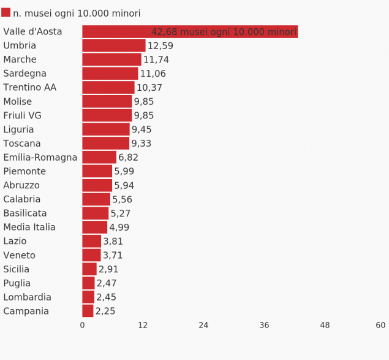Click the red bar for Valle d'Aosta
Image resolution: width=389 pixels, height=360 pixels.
[190, 32]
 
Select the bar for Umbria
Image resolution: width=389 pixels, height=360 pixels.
[114, 45]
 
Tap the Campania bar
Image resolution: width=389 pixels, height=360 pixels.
[88, 311]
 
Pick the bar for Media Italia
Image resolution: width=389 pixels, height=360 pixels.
[95, 228]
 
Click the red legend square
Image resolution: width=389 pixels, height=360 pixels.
[6, 13]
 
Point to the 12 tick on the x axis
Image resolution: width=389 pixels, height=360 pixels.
[143, 326]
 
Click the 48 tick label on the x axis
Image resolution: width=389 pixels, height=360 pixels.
[325, 326]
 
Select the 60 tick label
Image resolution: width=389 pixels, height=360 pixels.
[380, 326]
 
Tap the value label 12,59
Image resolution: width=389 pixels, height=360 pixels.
[161, 46]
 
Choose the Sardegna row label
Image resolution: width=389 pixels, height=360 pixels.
[25, 74]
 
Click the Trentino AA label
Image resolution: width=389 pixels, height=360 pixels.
[29, 88]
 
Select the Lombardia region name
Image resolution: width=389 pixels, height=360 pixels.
[27, 297]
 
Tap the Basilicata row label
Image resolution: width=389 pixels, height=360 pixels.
[25, 213]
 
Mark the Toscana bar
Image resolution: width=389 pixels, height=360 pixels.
[106, 144]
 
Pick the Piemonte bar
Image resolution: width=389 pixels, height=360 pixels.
[97, 171]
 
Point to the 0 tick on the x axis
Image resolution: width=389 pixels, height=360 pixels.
[83, 326]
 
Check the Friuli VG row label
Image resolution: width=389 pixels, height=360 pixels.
[23, 116]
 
